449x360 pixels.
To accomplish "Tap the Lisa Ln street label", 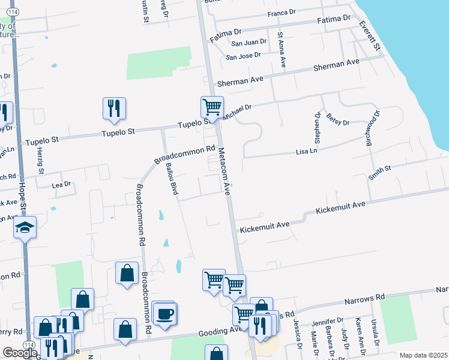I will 306,152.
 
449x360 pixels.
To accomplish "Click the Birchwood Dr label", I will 370,129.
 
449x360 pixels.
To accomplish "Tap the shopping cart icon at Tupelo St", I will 212,107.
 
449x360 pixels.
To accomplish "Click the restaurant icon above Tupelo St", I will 114,108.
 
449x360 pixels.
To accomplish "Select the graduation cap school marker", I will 25,227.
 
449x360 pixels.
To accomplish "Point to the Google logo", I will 20,353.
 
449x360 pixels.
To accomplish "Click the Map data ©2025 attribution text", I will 424,355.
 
